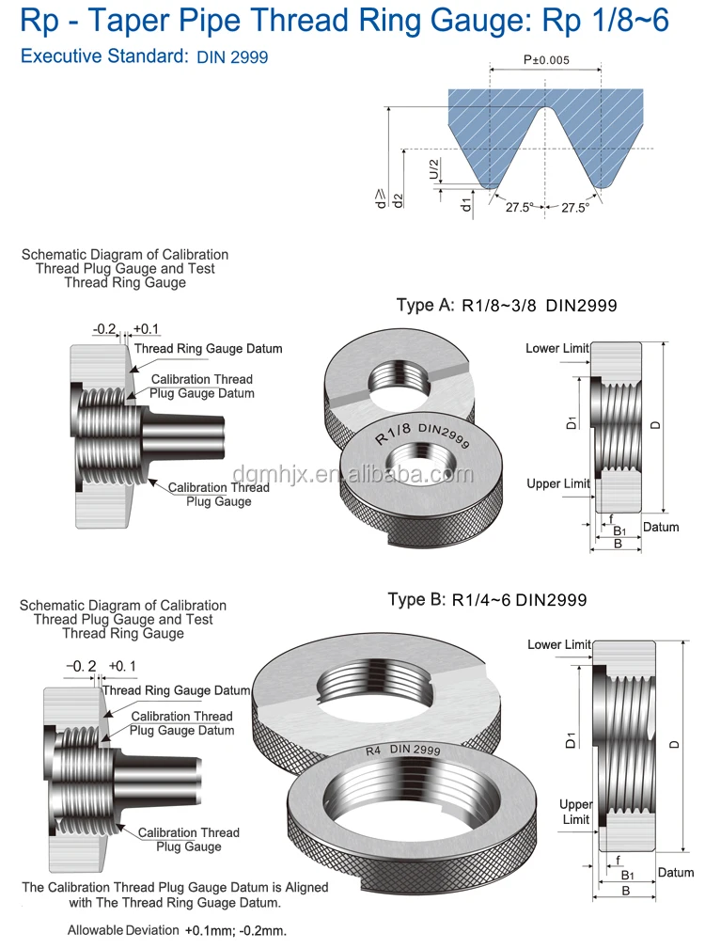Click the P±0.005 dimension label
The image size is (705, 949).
[x=546, y=60]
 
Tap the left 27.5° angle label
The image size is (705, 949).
[x=520, y=208]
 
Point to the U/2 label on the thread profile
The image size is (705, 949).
[x=434, y=169]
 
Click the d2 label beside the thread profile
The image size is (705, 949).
[x=398, y=201]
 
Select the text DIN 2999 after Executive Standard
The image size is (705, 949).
[x=233, y=57]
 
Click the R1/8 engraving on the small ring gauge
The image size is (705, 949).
[x=393, y=434]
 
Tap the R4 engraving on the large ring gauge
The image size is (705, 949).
[x=373, y=751]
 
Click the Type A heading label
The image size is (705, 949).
[x=425, y=305]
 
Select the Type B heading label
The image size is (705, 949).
[x=416, y=599]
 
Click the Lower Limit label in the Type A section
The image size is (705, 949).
[x=556, y=348]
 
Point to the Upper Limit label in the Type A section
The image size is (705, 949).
[x=558, y=483]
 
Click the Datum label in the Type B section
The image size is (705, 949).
[x=676, y=872]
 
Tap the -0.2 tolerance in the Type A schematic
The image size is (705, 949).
[x=104, y=329]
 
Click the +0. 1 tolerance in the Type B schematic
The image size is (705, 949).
[x=122, y=666]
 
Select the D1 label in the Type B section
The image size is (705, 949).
[x=571, y=739]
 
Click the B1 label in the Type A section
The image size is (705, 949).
[x=619, y=531]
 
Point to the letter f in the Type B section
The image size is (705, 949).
[x=618, y=860]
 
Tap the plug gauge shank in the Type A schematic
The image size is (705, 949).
[x=183, y=435]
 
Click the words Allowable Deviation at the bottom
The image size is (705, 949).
[x=123, y=930]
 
